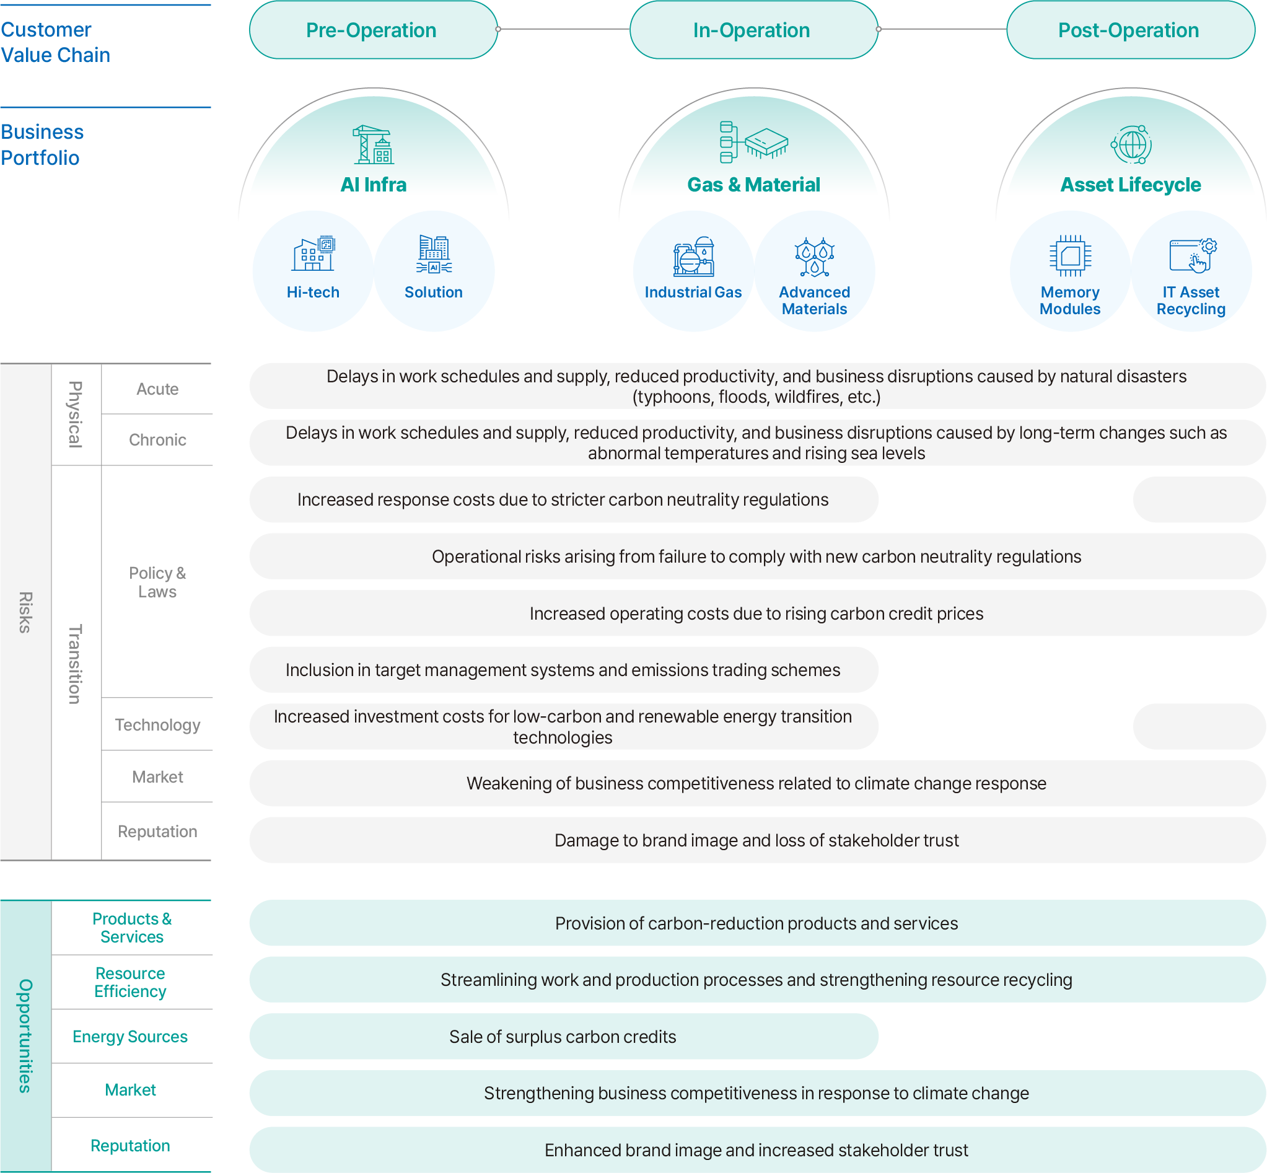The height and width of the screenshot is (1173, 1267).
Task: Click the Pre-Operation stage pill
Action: pos(373,30)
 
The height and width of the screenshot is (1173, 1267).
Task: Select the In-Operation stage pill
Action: pos(753,30)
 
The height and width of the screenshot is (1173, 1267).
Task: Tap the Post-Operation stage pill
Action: pos(1131,30)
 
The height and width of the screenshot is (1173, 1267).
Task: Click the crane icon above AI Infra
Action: pos(374,145)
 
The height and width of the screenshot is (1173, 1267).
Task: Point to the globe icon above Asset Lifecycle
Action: pos(1131,145)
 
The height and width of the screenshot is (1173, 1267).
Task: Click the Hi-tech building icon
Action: pos(313,254)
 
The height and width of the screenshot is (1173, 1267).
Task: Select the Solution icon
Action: pos(434,254)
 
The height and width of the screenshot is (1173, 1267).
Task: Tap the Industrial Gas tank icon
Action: pos(693,257)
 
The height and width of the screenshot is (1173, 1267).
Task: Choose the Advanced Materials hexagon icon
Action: pos(814,257)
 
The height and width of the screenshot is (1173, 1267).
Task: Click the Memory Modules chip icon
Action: pos(1070,256)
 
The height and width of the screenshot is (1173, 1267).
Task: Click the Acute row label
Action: pos(157,389)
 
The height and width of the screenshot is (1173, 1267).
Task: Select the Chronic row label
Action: pos(157,440)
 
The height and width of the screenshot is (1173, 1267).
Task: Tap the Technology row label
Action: pos(157,725)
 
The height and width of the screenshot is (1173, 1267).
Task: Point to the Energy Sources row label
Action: pos(130,1037)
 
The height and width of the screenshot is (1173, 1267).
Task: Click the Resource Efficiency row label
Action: pos(130,983)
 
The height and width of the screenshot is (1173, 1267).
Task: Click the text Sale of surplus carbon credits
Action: pos(563,1037)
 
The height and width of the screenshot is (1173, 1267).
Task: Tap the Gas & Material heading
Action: pos(753,185)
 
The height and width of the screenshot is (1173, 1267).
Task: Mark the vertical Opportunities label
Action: pos(25,1036)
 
